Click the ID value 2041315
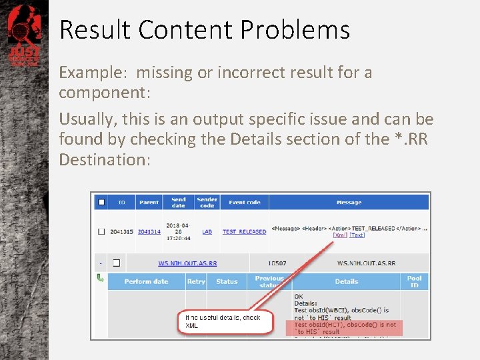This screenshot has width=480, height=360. [x=121, y=232]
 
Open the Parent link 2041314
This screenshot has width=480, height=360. [x=149, y=232]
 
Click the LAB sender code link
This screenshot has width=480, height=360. [x=207, y=232]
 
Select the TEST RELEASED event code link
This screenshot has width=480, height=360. [x=244, y=232]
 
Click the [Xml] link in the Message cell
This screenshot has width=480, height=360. [x=340, y=235]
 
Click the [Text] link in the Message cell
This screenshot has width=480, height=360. [x=357, y=235]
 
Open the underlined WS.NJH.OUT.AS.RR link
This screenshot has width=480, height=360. [x=187, y=263]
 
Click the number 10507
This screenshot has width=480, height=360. [x=277, y=263]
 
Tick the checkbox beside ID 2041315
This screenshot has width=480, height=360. [x=101, y=232]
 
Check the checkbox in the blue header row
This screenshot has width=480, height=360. [x=101, y=202]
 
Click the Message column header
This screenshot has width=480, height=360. [x=349, y=202]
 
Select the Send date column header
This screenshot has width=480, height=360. [x=179, y=202]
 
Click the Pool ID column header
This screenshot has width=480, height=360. [x=415, y=281]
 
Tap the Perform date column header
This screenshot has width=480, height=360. [x=147, y=281]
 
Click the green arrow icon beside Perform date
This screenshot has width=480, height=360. [x=101, y=278]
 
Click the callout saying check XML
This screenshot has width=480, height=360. [x=225, y=321]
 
